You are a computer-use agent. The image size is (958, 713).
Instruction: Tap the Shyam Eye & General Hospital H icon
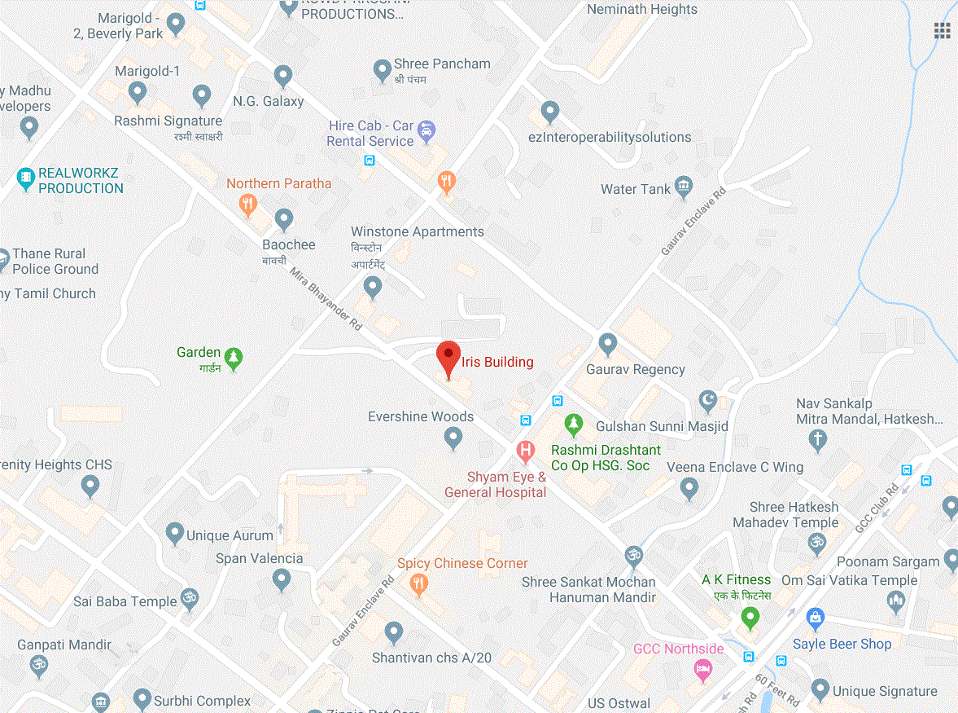click(526, 450)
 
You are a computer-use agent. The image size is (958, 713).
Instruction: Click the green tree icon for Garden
click(234, 359)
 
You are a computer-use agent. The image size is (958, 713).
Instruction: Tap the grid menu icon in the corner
click(943, 31)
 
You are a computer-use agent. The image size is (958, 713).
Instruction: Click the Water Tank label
click(636, 189)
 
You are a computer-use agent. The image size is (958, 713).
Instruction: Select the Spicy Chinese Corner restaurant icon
click(419, 583)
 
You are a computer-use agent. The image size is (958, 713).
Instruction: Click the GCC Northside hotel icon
click(702, 670)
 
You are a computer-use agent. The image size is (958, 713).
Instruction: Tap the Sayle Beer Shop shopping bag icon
click(811, 618)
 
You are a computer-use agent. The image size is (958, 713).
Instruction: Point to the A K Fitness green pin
click(750, 618)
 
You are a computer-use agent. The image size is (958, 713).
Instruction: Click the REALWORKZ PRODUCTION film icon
click(27, 176)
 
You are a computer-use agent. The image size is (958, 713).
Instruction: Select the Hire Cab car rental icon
click(426, 130)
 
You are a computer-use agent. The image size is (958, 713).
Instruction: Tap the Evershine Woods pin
click(453, 439)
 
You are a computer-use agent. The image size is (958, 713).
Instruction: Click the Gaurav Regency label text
click(636, 369)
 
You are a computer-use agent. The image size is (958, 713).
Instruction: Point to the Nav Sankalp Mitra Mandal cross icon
click(818, 441)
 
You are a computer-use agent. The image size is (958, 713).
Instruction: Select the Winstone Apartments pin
click(373, 287)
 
